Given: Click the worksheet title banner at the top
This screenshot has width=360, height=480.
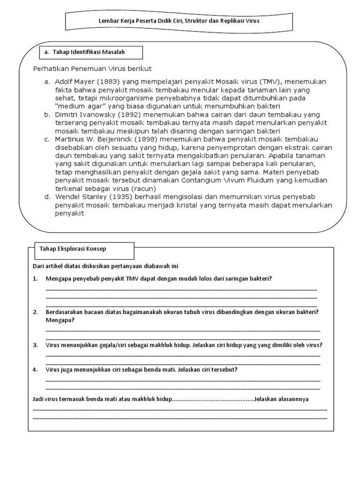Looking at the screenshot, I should coord(179,22).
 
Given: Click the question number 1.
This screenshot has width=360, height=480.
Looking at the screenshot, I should coord(35,278).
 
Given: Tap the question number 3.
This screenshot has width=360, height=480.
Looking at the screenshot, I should coord(35,345).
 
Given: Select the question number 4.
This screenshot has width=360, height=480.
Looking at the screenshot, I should coord(35,369).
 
